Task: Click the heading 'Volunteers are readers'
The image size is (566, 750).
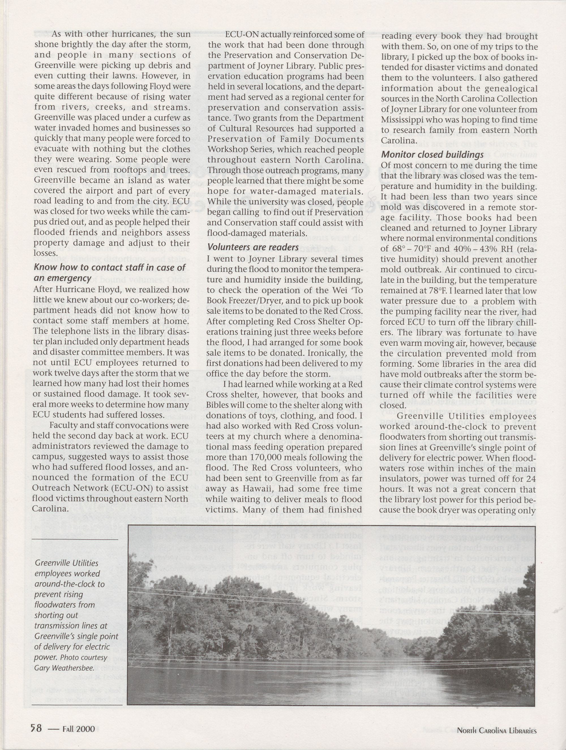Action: (253, 247)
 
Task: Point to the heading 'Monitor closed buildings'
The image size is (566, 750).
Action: (432, 154)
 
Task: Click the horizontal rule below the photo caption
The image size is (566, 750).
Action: (77, 703)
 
